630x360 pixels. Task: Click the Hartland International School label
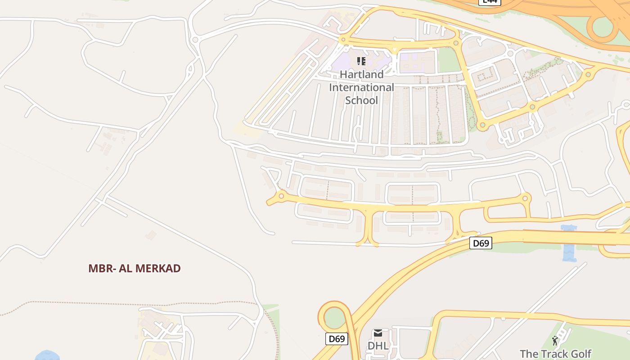361,87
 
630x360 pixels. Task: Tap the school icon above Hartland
361,61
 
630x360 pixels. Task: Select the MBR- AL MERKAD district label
134,269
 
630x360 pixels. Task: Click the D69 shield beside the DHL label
337,339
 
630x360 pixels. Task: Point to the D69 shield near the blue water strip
481,243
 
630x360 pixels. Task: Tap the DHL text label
378,346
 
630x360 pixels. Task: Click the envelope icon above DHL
378,333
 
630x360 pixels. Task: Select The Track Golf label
555,354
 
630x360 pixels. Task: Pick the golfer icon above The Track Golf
555,341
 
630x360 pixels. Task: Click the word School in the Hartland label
361,100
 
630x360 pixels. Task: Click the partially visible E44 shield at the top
489,2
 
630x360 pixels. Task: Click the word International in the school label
361,87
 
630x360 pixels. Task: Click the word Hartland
361,74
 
